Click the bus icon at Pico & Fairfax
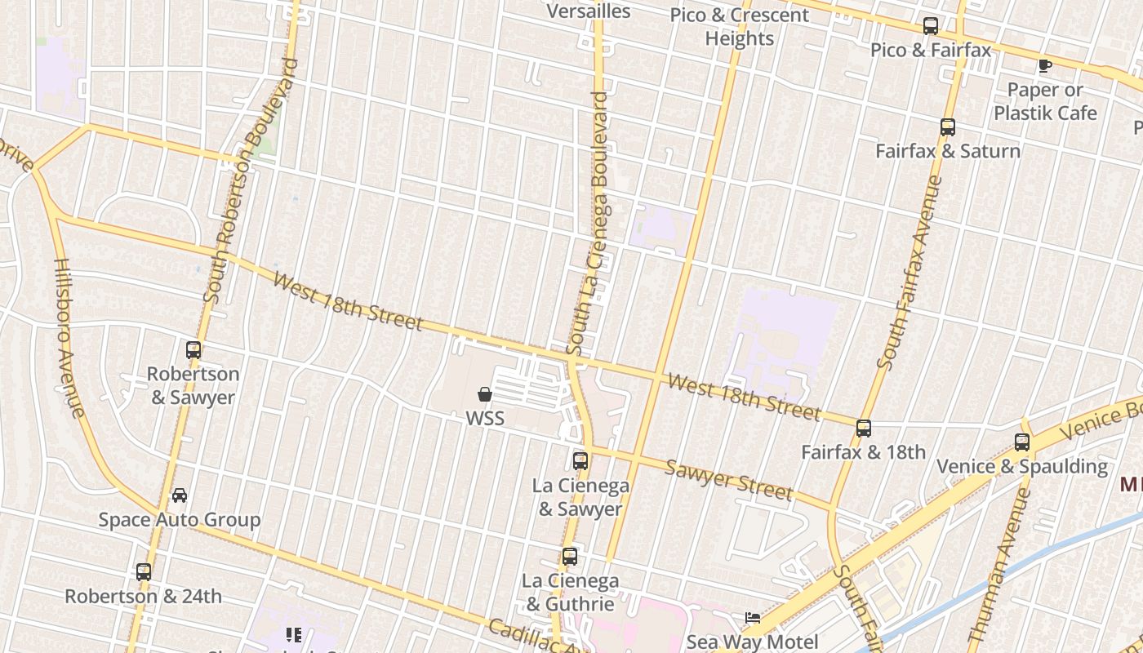[930, 26]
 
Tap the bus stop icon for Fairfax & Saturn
[947, 127]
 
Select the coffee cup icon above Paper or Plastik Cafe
[1044, 66]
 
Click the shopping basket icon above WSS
[485, 395]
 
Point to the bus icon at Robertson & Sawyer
[193, 350]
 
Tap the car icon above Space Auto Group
[180, 495]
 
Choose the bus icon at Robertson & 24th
[144, 572]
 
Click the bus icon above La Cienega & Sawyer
[580, 461]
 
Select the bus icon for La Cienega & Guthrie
[570, 557]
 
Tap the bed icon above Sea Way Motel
[753, 618]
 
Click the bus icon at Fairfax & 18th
[864, 429]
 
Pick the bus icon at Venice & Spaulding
[1022, 442]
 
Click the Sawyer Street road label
[728, 479]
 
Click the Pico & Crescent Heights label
[740, 27]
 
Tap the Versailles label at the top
[589, 11]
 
